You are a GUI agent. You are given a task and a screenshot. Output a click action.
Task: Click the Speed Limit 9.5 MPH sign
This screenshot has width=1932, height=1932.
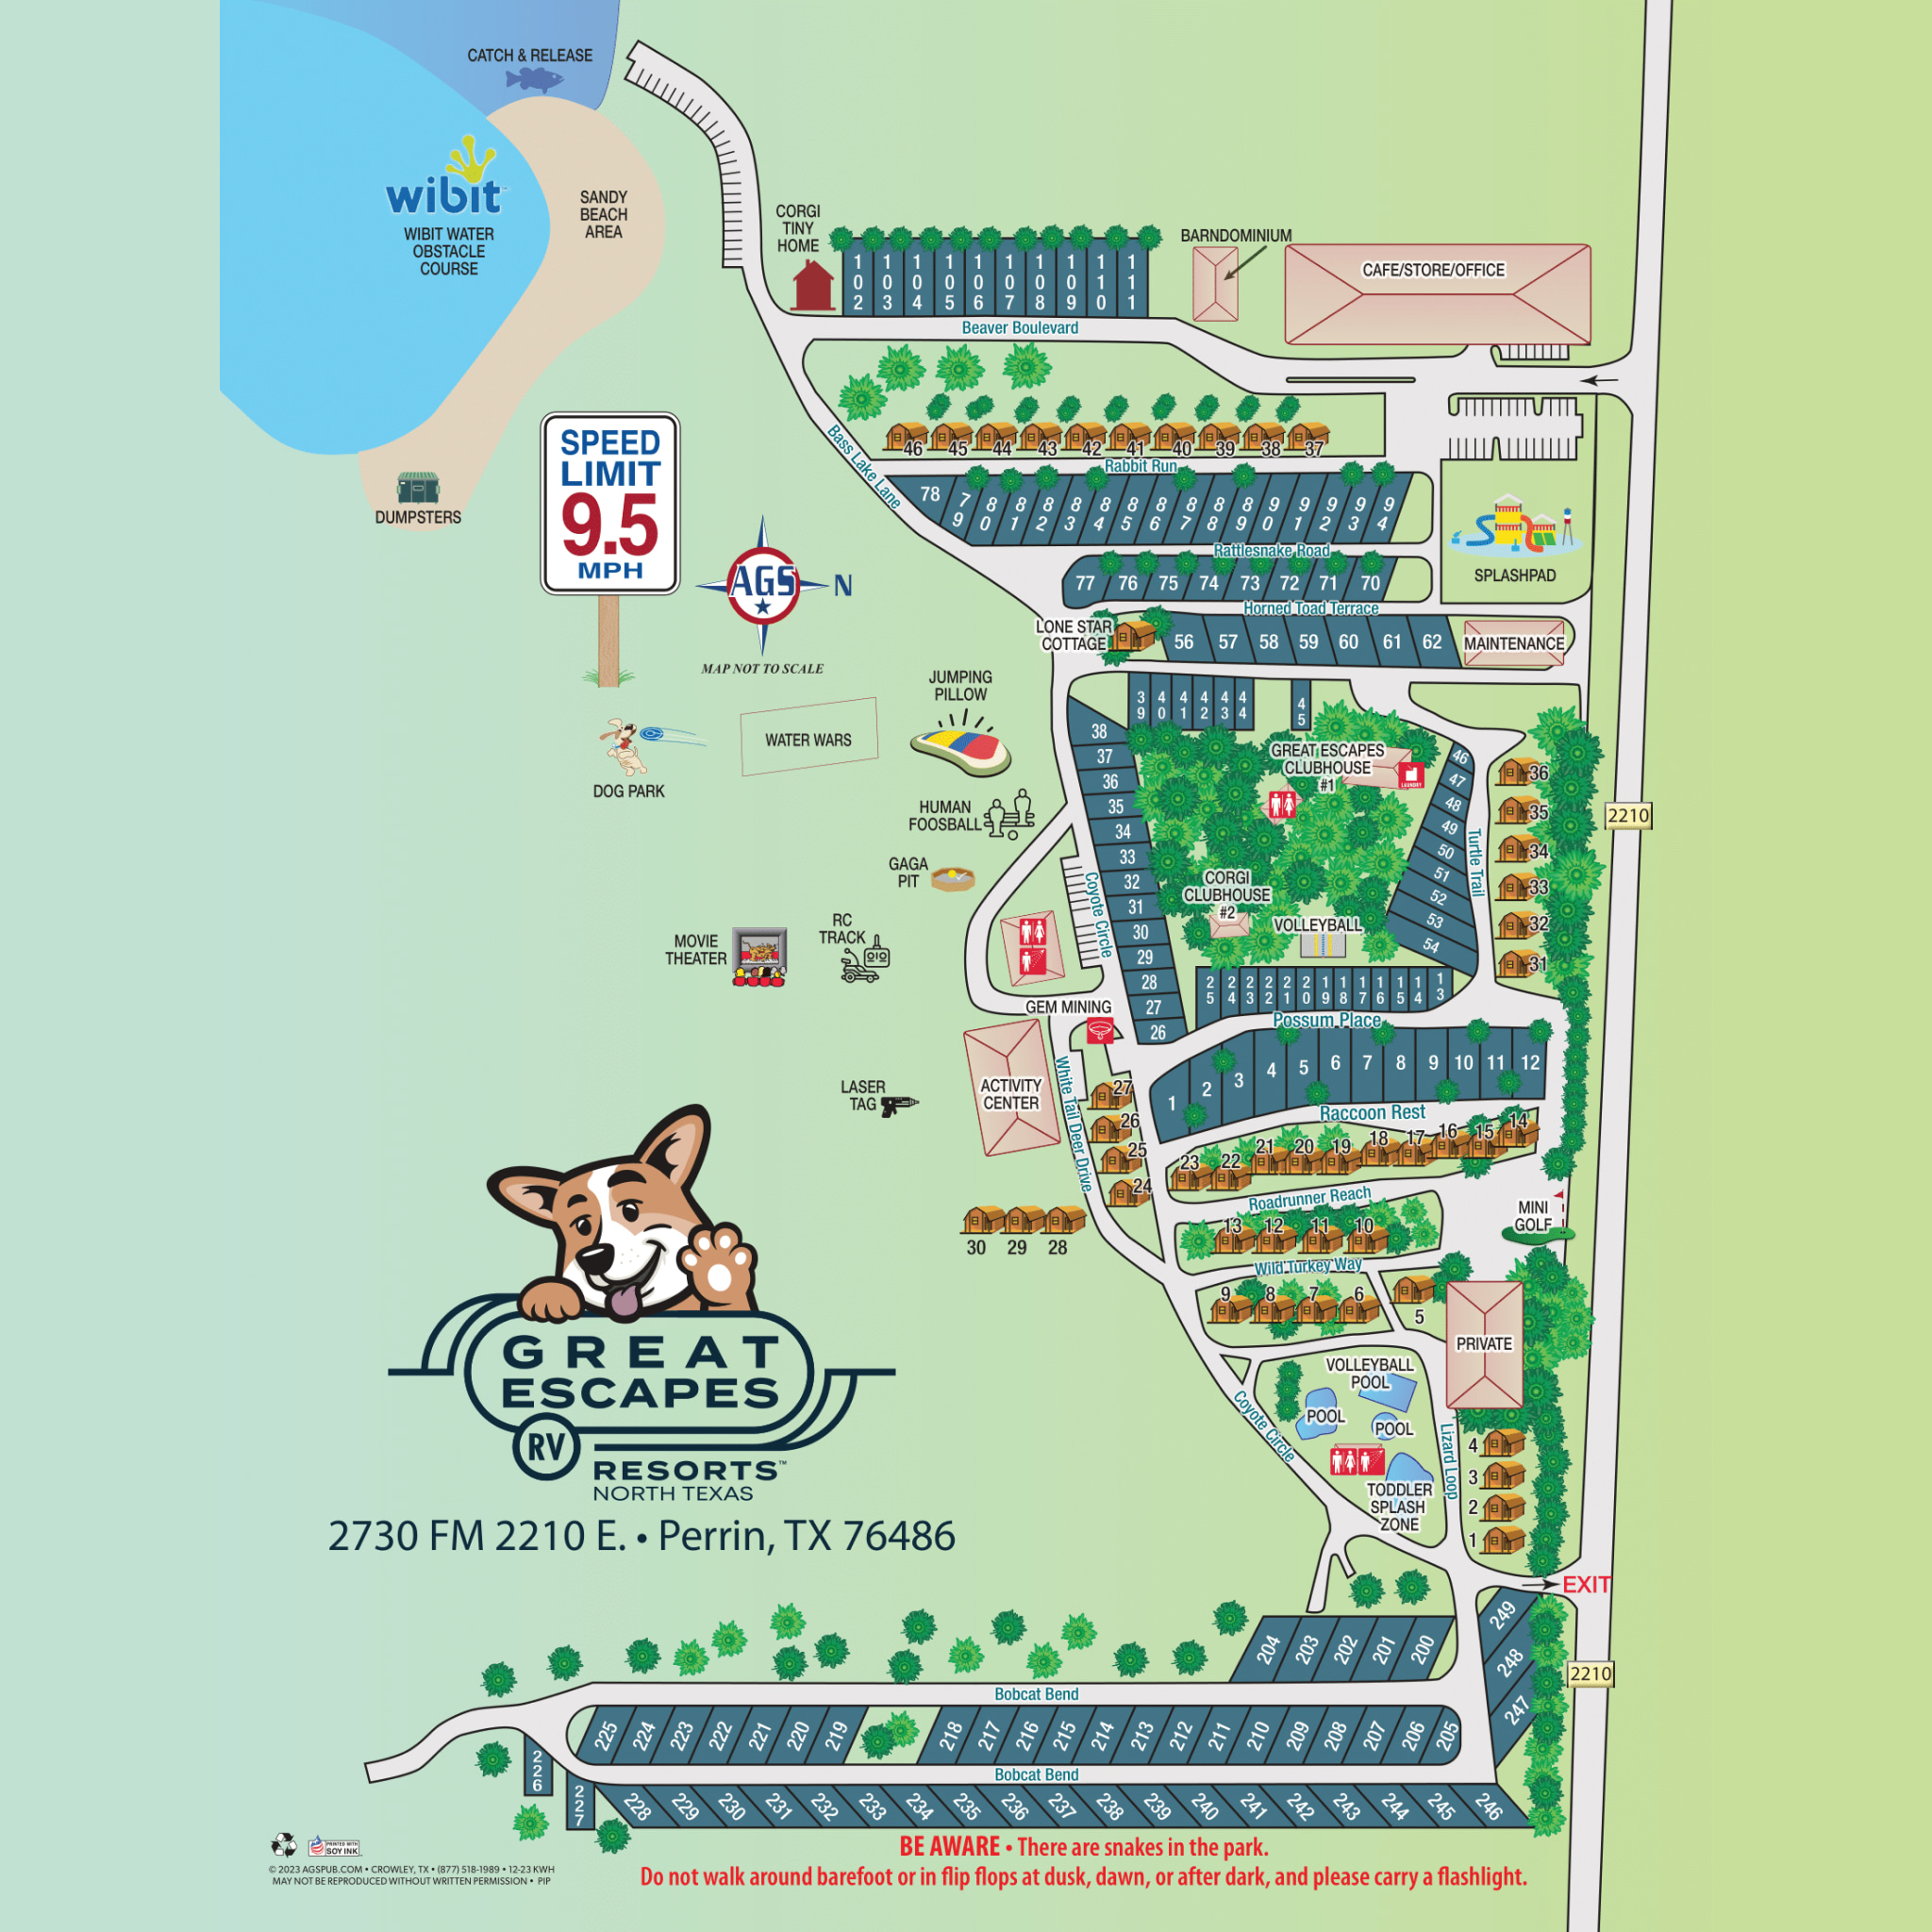(610, 503)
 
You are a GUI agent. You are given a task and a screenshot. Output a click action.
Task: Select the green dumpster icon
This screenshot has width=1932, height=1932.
(417, 488)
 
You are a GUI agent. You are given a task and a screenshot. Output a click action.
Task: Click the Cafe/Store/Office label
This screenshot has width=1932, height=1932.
(1433, 270)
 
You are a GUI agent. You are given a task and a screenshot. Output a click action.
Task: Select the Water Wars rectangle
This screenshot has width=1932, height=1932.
(808, 738)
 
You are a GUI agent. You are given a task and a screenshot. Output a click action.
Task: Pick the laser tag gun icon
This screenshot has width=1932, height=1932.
(898, 1104)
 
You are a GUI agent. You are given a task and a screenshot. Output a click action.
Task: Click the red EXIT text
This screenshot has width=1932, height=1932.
(1586, 1585)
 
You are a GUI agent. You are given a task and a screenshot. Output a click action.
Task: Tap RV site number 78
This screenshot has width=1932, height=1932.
(930, 494)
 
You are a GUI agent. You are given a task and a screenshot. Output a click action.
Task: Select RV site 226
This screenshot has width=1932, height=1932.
(538, 1771)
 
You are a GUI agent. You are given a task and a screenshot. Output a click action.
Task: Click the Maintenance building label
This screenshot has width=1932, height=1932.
(1513, 643)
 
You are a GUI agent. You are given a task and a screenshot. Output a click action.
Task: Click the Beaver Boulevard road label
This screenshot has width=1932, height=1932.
(1019, 328)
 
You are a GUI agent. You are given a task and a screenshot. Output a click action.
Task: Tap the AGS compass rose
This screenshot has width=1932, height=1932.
(763, 584)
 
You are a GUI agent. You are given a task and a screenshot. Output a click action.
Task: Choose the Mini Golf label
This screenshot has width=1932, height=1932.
(1532, 1216)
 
